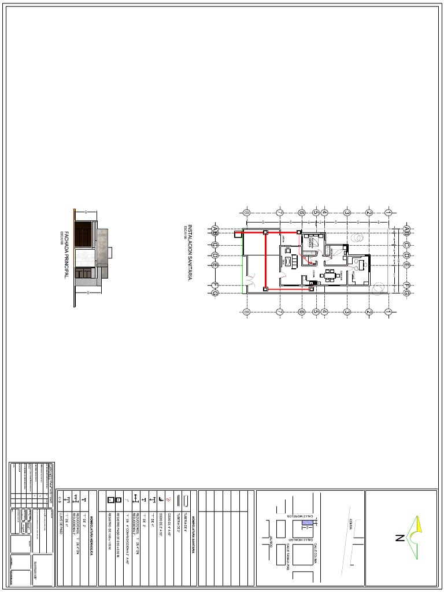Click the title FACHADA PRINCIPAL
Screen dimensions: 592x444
tap(66, 254)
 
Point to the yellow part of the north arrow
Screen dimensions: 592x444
tap(419, 524)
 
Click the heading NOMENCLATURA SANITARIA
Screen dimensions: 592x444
tap(194, 524)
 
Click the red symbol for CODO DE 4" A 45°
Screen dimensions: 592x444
tap(168, 499)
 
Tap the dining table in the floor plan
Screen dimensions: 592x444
tap(330, 275)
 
